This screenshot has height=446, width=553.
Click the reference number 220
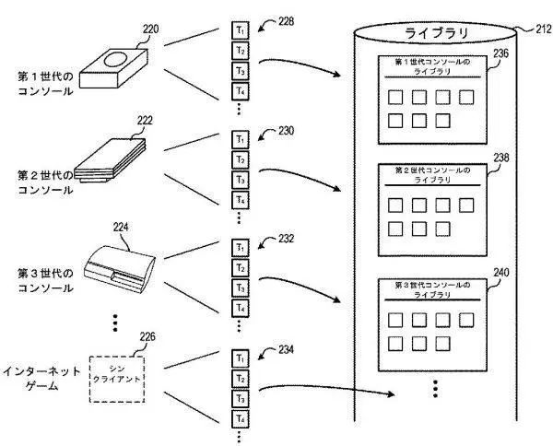(150, 29)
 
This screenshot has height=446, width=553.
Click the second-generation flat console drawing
(112, 163)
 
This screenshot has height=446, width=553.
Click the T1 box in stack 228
(240, 30)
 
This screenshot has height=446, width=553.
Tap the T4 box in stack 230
(240, 200)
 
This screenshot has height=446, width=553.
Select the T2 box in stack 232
(240, 267)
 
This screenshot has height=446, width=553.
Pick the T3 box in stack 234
(240, 398)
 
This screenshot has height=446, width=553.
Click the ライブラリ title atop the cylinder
(437, 33)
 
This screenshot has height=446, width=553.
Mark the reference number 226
(147, 337)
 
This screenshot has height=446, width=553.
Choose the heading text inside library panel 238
(431, 175)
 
